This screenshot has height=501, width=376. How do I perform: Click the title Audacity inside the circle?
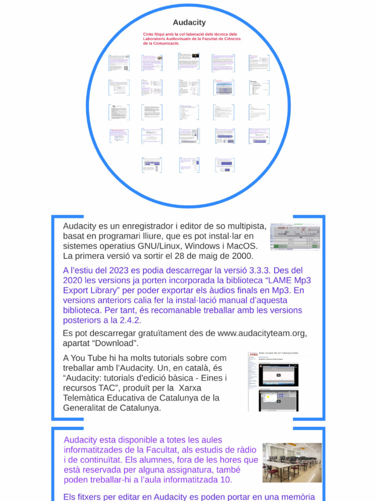tap(189, 23)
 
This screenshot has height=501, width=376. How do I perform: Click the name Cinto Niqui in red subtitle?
tap(154, 34)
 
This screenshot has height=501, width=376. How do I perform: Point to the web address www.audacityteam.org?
tap(261, 333)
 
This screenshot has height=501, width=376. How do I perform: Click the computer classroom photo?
tap(292, 463)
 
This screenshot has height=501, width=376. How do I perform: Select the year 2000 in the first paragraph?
tap(243, 256)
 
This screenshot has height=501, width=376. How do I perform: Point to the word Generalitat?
tap(86, 408)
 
